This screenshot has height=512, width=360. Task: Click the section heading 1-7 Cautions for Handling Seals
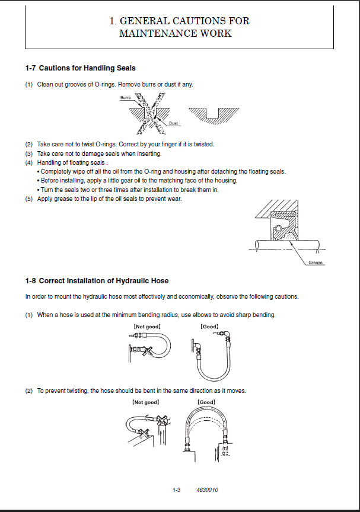coord(81,69)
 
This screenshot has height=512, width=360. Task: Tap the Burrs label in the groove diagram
coord(125,97)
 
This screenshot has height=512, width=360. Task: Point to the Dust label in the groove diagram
coord(173,123)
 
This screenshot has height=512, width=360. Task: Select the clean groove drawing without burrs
coord(214,113)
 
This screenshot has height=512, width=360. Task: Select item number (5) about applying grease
coord(28,199)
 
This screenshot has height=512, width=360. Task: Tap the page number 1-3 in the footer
coord(176,491)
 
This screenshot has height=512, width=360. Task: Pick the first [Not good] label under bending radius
coord(147,327)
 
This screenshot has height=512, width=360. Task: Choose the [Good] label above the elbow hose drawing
coord(209,327)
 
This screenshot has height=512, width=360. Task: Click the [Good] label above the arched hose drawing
coord(206,402)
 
